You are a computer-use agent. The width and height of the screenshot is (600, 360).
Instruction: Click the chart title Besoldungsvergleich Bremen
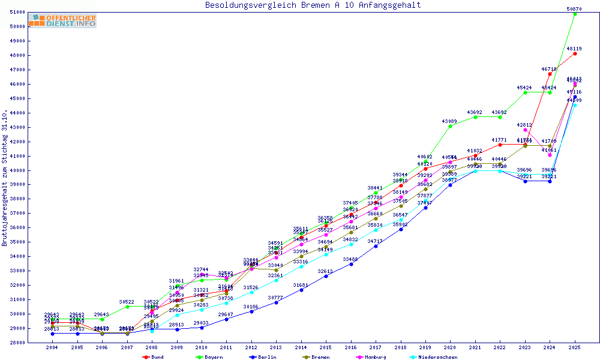point(313,5)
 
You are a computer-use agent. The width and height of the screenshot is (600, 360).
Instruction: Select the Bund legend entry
point(154,357)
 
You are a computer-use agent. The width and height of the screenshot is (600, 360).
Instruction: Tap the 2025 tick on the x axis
point(575,348)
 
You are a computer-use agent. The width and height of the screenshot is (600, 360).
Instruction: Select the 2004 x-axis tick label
point(53,348)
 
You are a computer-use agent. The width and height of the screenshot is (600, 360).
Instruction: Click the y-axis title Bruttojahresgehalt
point(5,178)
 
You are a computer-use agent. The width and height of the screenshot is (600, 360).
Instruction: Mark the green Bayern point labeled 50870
point(575,14)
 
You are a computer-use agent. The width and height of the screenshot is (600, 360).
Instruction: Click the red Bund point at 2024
point(550,74)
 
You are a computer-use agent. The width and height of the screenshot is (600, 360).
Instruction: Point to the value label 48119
point(575,49)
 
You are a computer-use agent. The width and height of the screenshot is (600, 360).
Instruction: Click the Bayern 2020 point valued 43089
point(451,126)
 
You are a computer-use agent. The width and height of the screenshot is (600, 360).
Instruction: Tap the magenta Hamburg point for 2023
point(525,130)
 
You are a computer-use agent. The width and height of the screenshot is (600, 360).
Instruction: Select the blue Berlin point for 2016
point(351,264)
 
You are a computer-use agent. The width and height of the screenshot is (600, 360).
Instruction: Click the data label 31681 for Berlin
point(301,285)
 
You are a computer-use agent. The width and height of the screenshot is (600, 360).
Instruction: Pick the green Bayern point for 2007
point(127,307)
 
